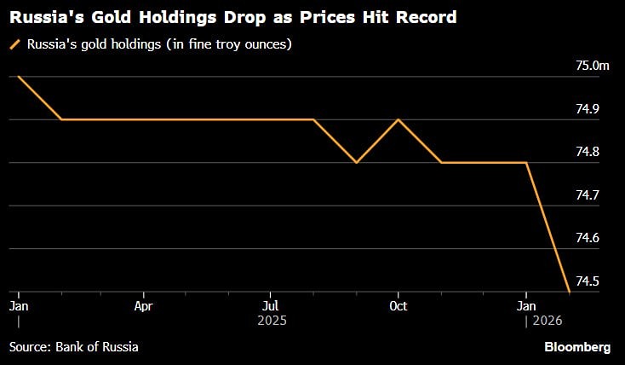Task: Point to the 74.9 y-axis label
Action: click(588, 109)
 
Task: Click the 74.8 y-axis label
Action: click(588, 152)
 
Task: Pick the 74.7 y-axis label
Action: click(588, 195)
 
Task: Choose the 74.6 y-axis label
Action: click(588, 238)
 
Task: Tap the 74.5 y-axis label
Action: click(588, 281)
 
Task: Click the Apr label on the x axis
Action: click(143, 305)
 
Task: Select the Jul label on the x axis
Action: click(270, 305)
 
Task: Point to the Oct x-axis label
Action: click(398, 305)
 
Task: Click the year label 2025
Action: click(270, 321)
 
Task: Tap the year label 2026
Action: click(547, 321)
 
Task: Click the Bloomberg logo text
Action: click(577, 347)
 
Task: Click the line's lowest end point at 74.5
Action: click(569, 292)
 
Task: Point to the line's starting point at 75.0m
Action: click(18, 77)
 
